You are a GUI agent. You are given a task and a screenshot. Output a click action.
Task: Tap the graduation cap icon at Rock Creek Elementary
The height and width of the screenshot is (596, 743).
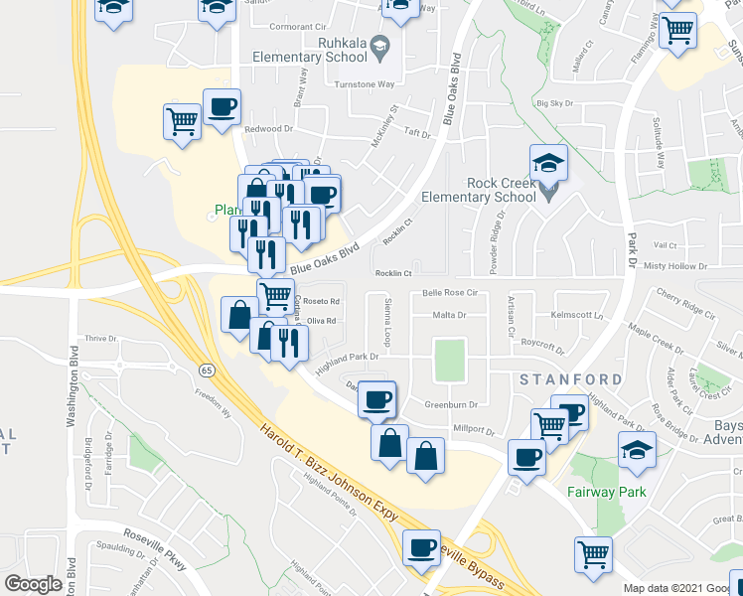[x=548, y=163]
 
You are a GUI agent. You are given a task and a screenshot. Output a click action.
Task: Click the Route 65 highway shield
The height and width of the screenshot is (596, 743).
[x=205, y=370]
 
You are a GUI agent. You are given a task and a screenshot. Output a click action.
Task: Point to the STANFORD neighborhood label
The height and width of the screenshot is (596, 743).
[x=569, y=379]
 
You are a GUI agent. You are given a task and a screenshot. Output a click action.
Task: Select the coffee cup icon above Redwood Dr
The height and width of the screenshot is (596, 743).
[x=223, y=108]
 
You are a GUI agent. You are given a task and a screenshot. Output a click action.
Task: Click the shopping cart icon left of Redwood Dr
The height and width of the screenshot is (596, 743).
[x=182, y=123]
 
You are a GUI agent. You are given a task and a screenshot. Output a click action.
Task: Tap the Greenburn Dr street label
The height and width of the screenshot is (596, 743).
[x=452, y=404]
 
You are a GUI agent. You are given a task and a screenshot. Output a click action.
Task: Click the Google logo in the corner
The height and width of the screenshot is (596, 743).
[x=33, y=584]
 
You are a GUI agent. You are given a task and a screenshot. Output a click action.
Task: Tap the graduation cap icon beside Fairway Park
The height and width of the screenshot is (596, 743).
[x=637, y=450]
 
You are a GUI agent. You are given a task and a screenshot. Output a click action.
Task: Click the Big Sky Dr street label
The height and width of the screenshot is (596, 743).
[x=554, y=103]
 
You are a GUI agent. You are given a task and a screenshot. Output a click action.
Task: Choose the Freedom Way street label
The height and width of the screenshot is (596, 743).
[x=213, y=406]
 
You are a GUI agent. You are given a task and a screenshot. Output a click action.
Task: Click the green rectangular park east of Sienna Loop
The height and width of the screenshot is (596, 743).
[x=450, y=360]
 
